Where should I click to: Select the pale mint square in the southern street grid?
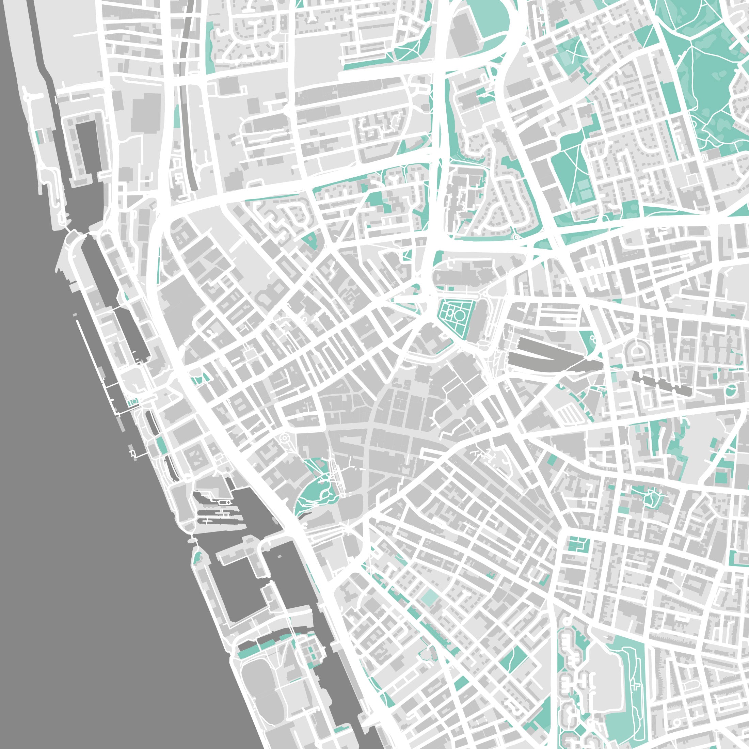[429, 597]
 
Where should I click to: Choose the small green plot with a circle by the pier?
[133, 402]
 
